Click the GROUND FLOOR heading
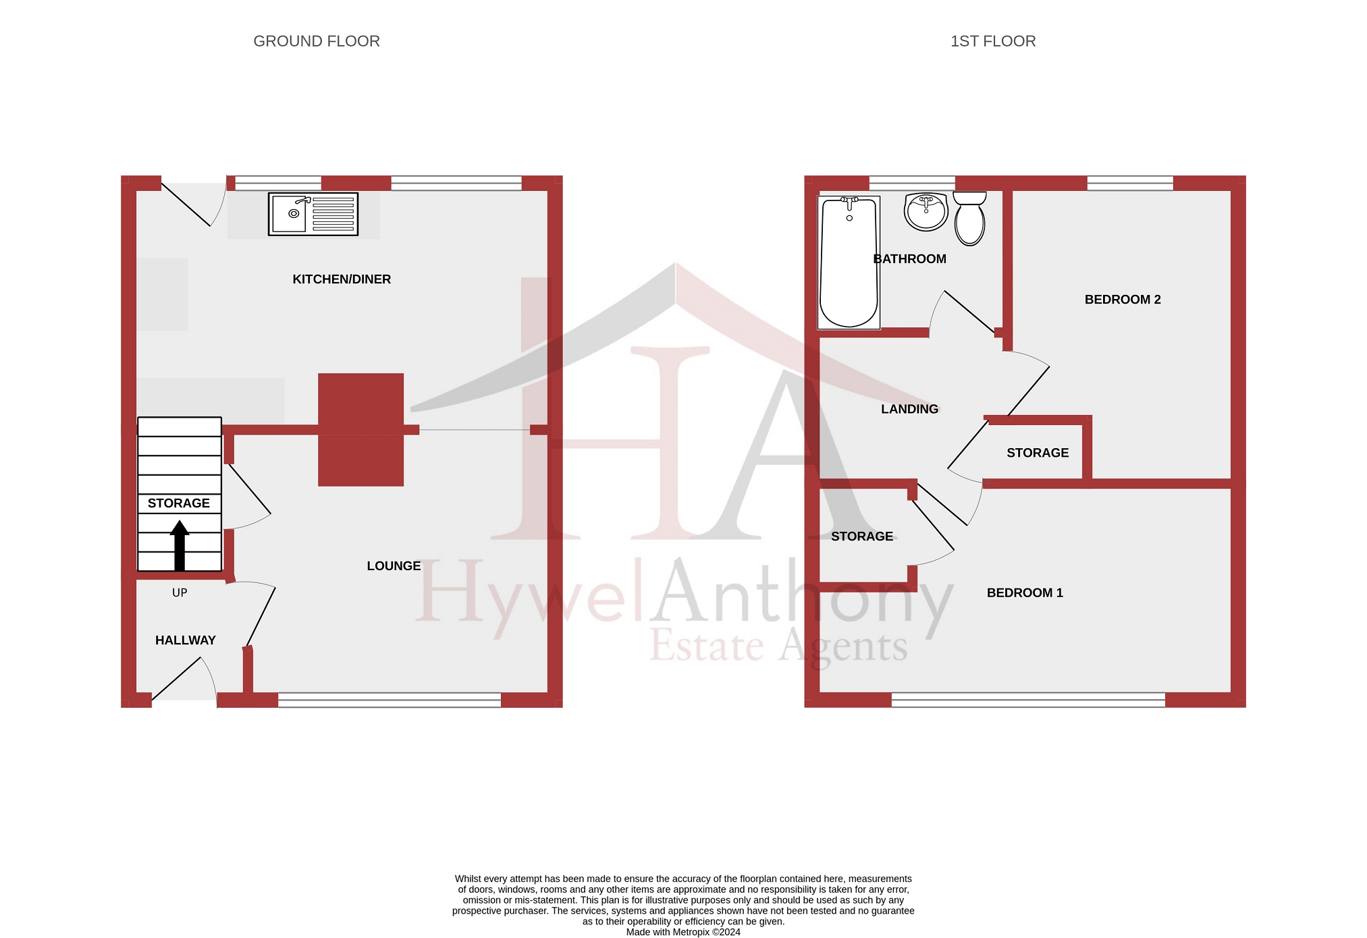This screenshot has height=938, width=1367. coord(316,41)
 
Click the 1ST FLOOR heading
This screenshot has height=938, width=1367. coord(992,41)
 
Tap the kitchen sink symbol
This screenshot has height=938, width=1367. coord(313,214)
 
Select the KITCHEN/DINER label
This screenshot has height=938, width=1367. coord(341,279)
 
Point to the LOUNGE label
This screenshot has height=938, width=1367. coord(394,566)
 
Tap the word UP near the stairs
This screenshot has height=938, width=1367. coord(180,592)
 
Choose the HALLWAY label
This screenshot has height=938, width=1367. coord(185,640)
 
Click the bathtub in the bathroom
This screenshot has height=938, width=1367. coord(849,263)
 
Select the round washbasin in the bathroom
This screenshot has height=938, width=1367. coord(926,211)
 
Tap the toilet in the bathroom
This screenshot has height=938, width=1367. coord(969,218)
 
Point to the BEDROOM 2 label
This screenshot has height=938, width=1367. coord(1122,300)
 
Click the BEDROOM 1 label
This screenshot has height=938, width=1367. coord(1024,593)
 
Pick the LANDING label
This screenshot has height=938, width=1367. coord(909,409)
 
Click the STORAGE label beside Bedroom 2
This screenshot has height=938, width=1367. coord(1037,453)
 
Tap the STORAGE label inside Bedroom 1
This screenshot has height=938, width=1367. coord(861,536)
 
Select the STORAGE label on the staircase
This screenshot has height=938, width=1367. coord(178,503)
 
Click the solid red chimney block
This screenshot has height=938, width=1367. coord(360,429)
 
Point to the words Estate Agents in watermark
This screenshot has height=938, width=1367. coord(778,646)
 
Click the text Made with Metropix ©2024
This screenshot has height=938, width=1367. coord(682,932)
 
